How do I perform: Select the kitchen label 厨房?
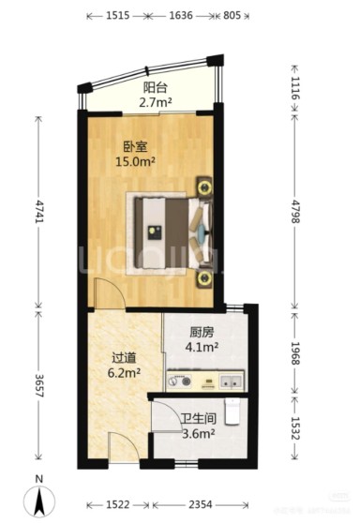(202, 331)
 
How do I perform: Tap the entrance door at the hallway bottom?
(121, 448)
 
